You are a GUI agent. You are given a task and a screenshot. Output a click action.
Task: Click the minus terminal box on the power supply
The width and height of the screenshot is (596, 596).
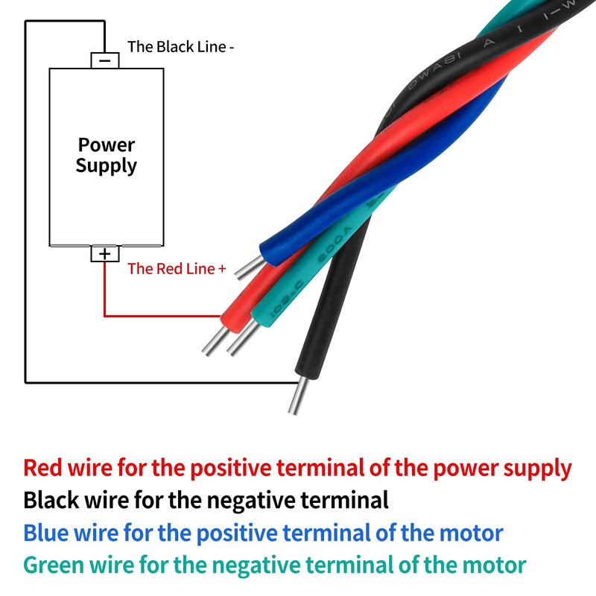[x=105, y=60]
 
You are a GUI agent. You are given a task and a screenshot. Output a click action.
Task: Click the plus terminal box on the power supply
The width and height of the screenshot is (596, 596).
[x=105, y=254]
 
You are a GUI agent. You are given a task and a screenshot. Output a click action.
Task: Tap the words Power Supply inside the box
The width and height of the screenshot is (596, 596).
[x=106, y=155]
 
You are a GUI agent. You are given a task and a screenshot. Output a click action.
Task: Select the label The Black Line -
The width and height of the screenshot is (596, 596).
[x=181, y=47]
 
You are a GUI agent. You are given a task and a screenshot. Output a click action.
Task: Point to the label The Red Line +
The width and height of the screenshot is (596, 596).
[x=177, y=269]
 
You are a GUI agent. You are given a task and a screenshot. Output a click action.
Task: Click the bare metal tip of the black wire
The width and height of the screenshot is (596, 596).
[x=297, y=395]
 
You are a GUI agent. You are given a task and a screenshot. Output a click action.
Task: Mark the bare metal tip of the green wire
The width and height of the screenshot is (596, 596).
[x=238, y=342]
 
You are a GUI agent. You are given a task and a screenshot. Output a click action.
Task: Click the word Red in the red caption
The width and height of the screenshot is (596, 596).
[x=41, y=469]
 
